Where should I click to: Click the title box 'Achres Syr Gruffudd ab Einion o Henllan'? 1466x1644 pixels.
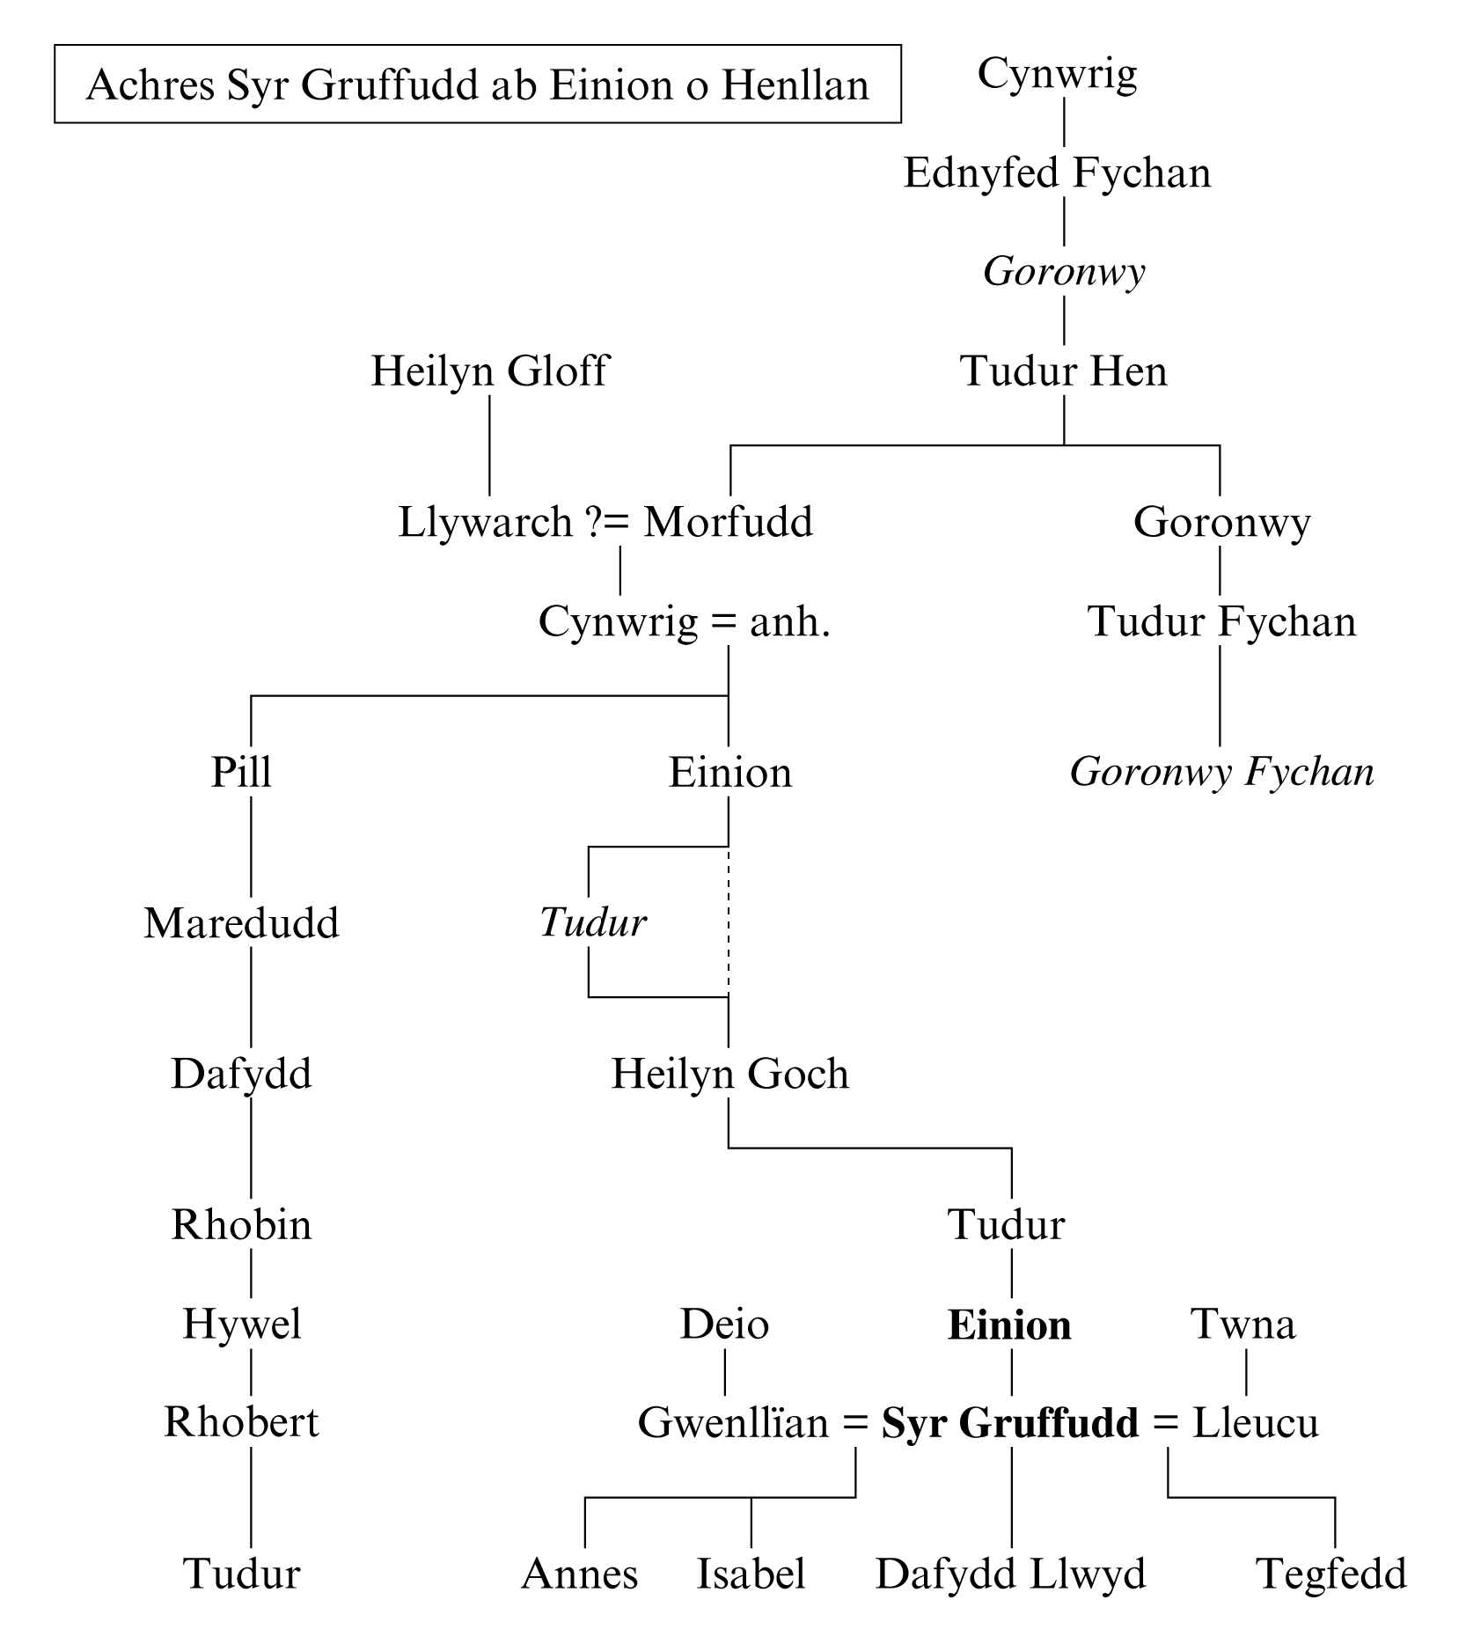click(478, 84)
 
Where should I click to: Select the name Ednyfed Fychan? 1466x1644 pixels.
click(1057, 172)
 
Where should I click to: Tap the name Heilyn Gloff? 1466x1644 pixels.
click(489, 371)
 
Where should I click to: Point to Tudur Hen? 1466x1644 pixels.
click(1063, 371)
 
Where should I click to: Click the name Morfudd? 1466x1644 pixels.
click(728, 522)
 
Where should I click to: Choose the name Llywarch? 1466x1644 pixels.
click(486, 522)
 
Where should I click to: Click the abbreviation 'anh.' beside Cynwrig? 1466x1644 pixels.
click(789, 622)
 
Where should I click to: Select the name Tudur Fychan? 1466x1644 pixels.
click(1221, 622)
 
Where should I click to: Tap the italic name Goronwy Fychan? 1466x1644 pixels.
click(1221, 773)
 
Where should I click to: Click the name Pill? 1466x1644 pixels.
click(241, 773)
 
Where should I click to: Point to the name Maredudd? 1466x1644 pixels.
click(241, 924)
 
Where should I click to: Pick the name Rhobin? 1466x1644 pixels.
click(241, 1225)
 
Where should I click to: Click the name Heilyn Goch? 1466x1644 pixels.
click(729, 1075)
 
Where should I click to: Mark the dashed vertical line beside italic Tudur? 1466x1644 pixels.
click(729, 922)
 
